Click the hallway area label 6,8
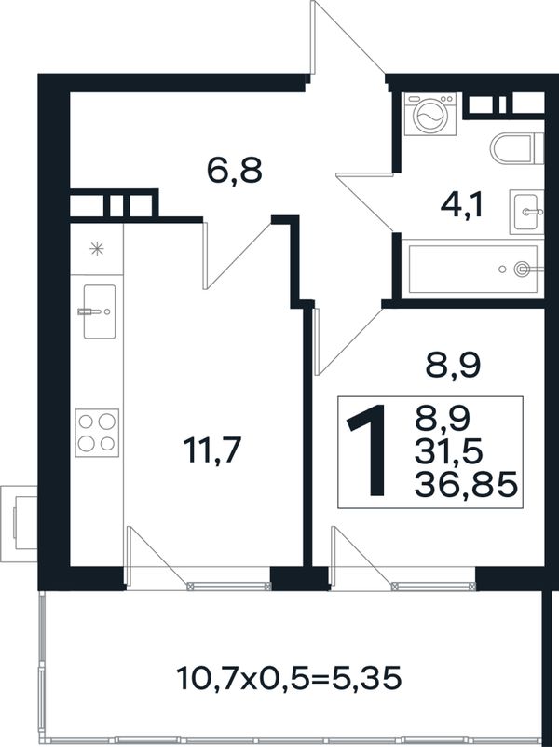point(235,171)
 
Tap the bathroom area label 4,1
point(461,206)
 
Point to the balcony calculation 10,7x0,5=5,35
point(289,678)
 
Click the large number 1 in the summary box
point(368,450)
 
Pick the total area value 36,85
point(466,486)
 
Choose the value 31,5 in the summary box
point(449,450)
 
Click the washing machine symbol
point(430,114)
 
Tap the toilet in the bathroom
point(516,148)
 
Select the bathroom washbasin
point(526,212)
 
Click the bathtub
point(473,269)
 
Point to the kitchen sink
point(99,311)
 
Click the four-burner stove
point(97,433)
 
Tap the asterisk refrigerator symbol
point(97,249)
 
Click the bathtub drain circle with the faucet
point(522,270)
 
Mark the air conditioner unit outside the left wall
point(19,522)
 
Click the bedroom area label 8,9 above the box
point(452,366)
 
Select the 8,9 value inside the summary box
point(443,416)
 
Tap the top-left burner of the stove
point(86,422)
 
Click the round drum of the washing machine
point(430,117)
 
